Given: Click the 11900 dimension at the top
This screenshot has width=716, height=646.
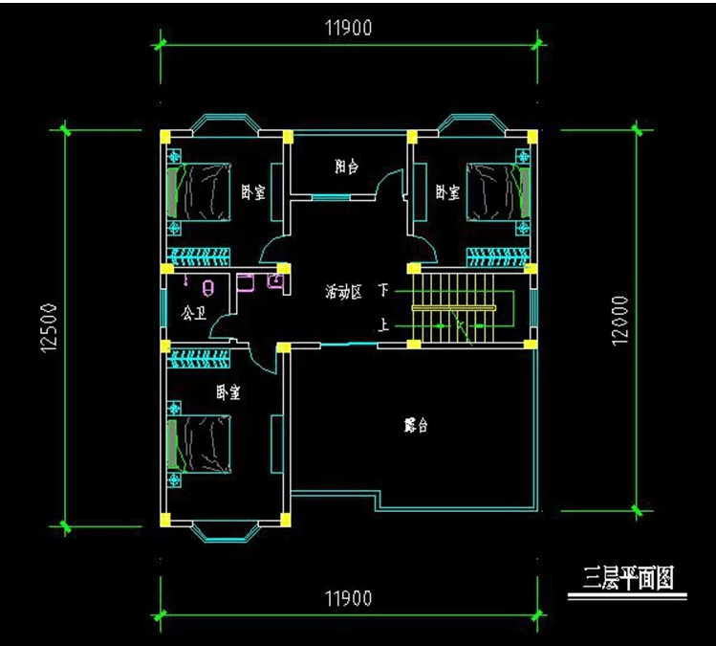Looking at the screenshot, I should pyautogui.click(x=348, y=29).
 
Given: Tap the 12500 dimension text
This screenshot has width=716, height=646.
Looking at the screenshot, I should pyautogui.click(x=51, y=328).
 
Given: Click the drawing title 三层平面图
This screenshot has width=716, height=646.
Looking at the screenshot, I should pyautogui.click(x=629, y=579).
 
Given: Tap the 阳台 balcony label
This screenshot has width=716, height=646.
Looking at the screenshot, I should pyautogui.click(x=347, y=167).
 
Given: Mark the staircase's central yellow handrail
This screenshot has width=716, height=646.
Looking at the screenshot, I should pyautogui.click(x=454, y=307).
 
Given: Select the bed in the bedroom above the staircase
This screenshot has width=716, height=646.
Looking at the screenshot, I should pyautogui.click(x=497, y=191).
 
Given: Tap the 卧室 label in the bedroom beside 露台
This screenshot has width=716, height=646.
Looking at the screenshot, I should pyautogui.click(x=228, y=392).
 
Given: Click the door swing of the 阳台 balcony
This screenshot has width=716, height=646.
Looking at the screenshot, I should pyautogui.click(x=389, y=184).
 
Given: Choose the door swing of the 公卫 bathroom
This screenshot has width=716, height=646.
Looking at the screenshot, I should pyautogui.click(x=222, y=328).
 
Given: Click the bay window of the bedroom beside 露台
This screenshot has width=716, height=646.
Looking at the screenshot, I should pyautogui.click(x=226, y=527).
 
